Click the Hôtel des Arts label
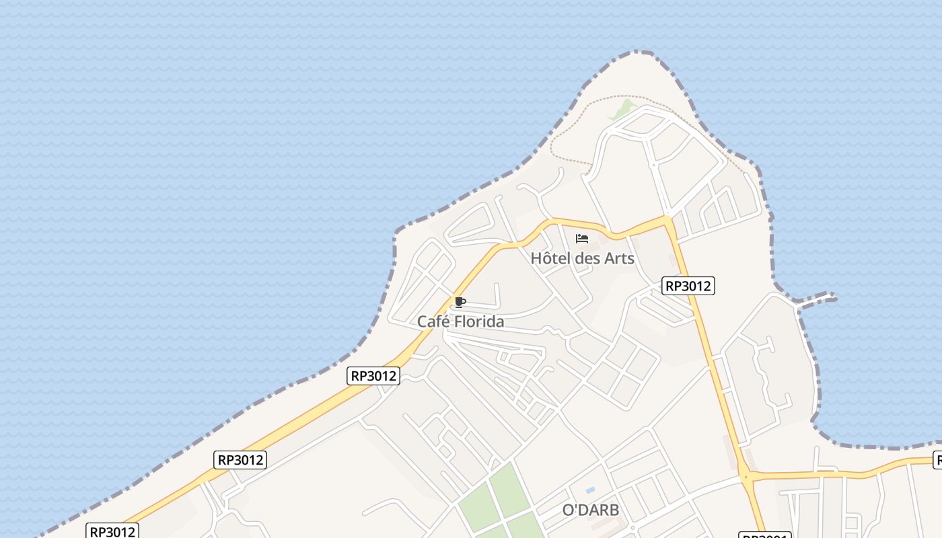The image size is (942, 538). click(582, 258)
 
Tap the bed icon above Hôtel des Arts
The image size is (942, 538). click(582, 239)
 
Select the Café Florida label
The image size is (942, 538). click(460, 321)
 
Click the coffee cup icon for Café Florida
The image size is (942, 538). click(460, 302)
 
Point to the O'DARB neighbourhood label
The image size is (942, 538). click(590, 510)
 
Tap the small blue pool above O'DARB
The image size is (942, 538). click(590, 490)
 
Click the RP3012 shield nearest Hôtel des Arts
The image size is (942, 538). click(687, 286)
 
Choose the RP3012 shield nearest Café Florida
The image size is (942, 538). click(374, 375)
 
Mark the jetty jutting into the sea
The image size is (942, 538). click(818, 297)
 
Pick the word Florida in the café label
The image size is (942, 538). click(479, 321)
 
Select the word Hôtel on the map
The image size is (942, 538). click(548, 258)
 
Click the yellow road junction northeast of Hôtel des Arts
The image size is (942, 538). click(667, 220)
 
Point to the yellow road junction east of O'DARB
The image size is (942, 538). click(746, 476)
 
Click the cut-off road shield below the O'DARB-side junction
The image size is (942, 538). click(764, 535)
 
